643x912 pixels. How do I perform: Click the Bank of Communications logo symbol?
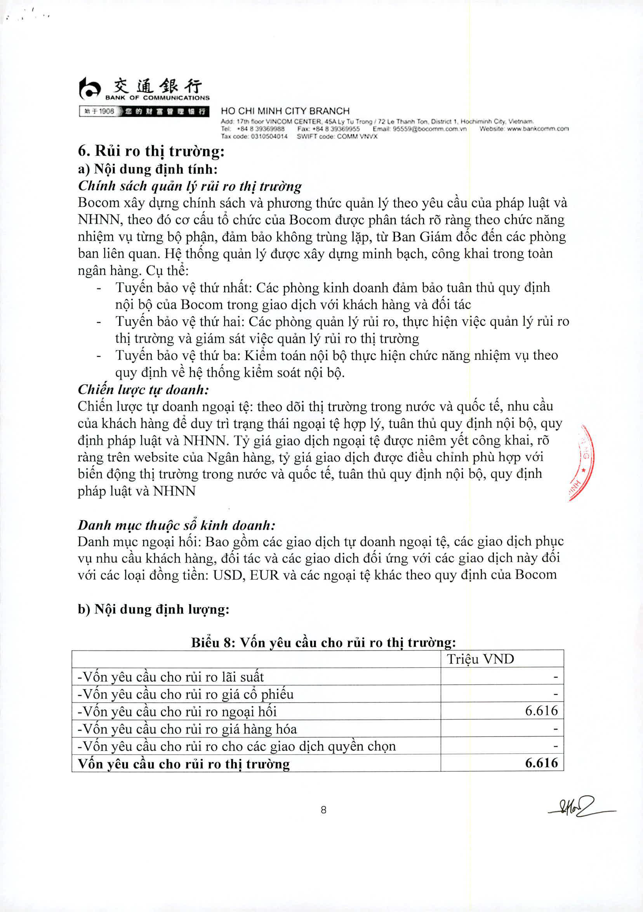pyautogui.click(x=89, y=88)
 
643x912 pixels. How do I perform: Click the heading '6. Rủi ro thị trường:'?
pyautogui.click(x=151, y=152)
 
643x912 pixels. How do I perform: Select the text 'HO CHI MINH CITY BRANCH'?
pyautogui.click(x=285, y=111)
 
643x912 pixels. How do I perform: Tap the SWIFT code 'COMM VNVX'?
pyautogui.click(x=357, y=136)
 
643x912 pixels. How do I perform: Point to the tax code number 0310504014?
pyautogui.click(x=269, y=136)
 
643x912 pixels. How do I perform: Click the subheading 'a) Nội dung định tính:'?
pyautogui.click(x=148, y=169)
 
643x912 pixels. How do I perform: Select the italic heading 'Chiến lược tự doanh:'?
pyautogui.click(x=143, y=389)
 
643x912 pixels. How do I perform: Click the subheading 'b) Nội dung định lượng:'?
pyautogui.click(x=153, y=609)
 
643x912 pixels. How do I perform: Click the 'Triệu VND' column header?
pyautogui.click(x=480, y=659)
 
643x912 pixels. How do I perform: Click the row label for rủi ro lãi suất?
pyautogui.click(x=170, y=676)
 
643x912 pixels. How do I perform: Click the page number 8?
pyautogui.click(x=323, y=810)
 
